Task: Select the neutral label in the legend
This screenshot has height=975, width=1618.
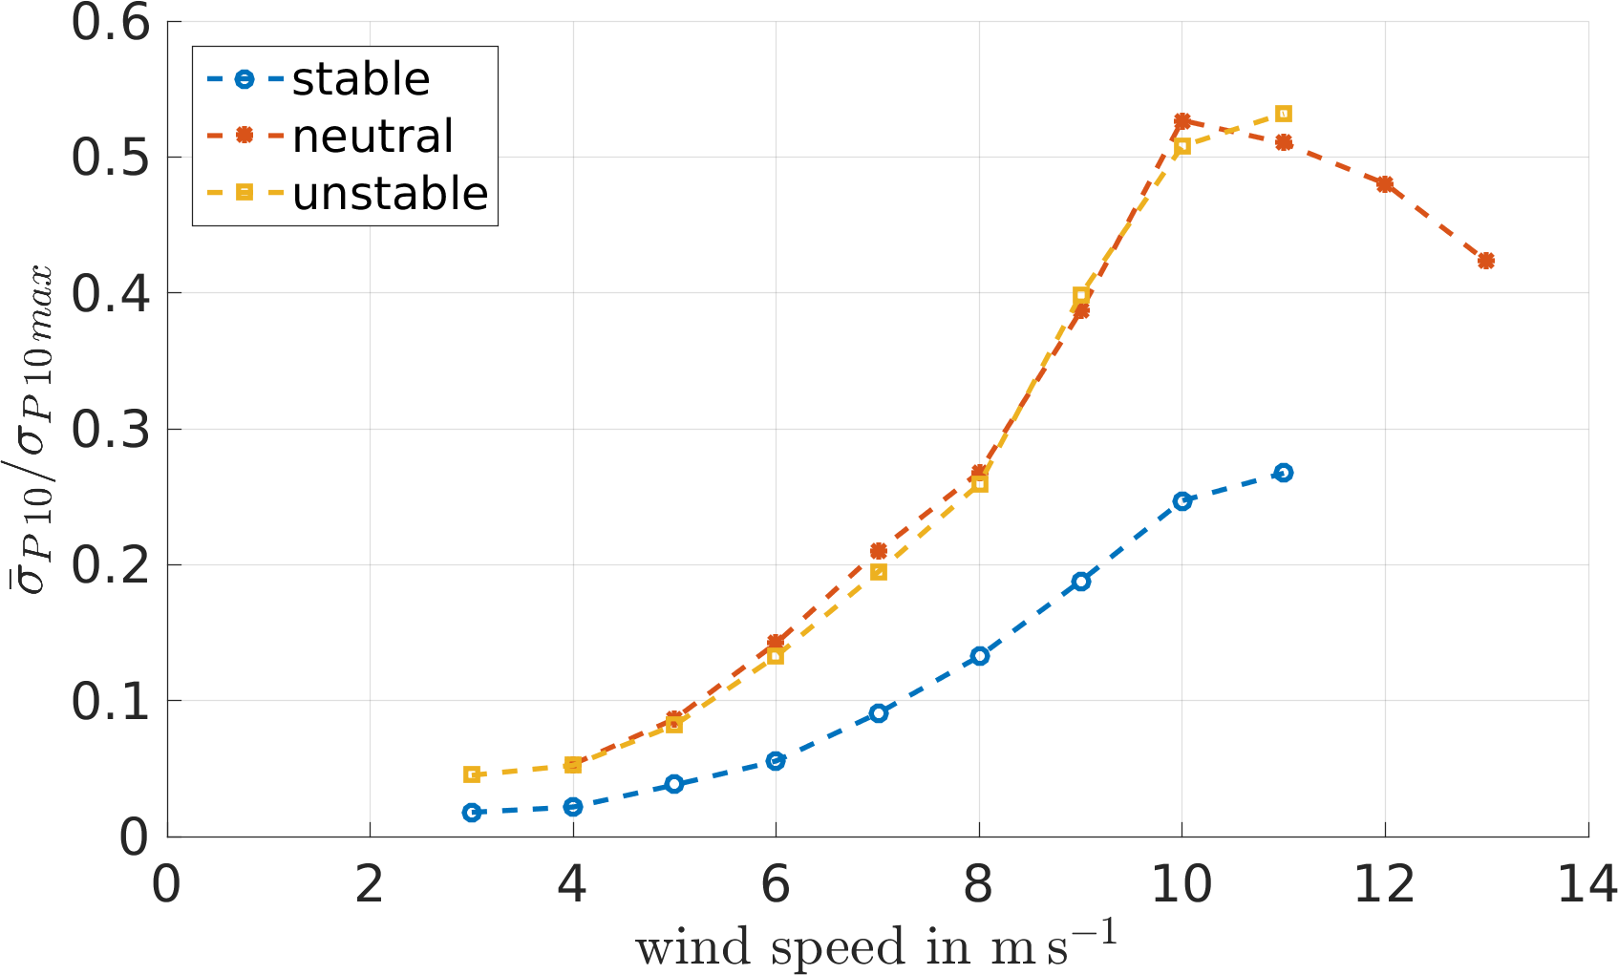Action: click(x=373, y=136)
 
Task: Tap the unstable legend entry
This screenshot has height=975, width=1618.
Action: click(x=390, y=193)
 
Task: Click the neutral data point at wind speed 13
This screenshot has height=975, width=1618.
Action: click(x=1486, y=261)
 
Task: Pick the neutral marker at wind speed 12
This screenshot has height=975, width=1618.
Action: click(x=1385, y=184)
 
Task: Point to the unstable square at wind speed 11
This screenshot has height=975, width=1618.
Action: click(x=1284, y=114)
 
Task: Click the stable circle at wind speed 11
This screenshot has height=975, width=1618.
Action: click(x=1284, y=473)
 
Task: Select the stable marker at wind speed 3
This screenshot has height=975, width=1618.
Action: click(x=472, y=813)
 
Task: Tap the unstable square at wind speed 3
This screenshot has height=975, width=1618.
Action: click(x=472, y=774)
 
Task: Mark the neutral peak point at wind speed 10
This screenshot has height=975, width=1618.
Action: click(x=1182, y=121)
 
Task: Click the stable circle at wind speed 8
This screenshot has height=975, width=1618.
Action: click(x=979, y=656)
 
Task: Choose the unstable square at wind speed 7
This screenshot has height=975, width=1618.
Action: click(x=879, y=572)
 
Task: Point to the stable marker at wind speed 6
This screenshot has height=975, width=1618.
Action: click(x=776, y=761)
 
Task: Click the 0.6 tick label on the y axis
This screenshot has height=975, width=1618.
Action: click(x=111, y=23)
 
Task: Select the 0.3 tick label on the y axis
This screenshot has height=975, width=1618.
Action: click(x=111, y=430)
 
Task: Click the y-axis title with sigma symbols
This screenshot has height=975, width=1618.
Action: click(x=32, y=430)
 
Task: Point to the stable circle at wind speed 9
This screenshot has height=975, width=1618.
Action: click(x=1080, y=582)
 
